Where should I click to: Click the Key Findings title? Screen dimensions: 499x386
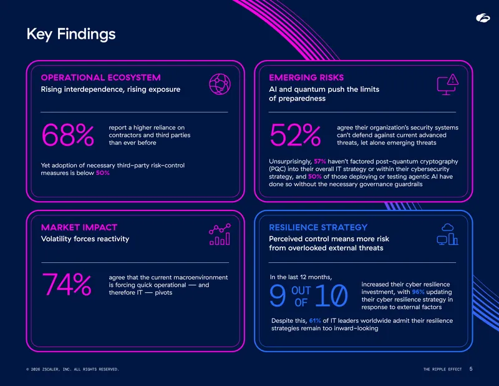(x=71, y=34)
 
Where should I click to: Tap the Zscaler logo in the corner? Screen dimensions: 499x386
(x=483, y=18)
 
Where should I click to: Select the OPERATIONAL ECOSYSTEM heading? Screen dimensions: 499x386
(x=101, y=77)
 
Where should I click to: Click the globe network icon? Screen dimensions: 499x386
(x=220, y=84)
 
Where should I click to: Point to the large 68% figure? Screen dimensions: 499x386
(x=68, y=135)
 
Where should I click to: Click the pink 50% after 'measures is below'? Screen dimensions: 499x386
(x=103, y=173)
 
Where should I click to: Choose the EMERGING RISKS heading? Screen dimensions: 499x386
(x=306, y=77)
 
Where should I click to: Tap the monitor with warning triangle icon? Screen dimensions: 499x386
(x=448, y=84)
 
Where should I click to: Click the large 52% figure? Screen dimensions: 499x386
(x=295, y=135)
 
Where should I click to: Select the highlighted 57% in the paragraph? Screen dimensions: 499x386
(x=320, y=161)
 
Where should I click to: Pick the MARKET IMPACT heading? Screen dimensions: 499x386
(x=79, y=227)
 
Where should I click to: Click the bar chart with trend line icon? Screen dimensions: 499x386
(x=220, y=234)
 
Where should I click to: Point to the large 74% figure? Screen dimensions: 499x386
(x=67, y=284)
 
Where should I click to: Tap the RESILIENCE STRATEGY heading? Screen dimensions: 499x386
(x=318, y=227)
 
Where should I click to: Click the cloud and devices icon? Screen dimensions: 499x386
(x=447, y=234)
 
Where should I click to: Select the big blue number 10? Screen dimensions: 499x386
(x=331, y=296)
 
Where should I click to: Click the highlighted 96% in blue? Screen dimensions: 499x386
(x=418, y=292)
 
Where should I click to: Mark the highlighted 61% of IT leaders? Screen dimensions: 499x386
(x=315, y=320)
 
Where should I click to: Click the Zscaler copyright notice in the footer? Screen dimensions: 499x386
(x=72, y=369)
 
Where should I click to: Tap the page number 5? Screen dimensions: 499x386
(x=471, y=369)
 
